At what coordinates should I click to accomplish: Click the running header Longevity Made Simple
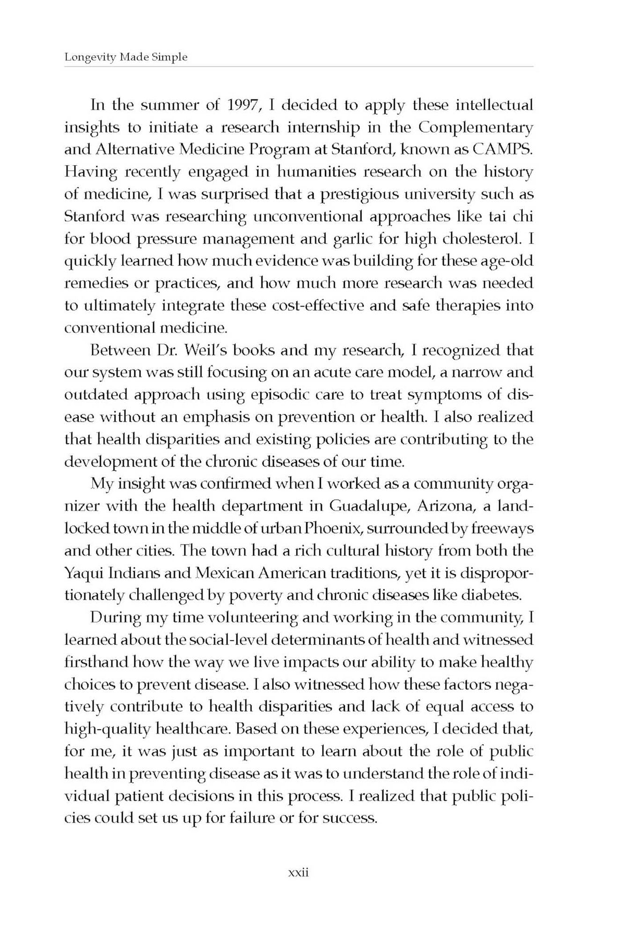click(126, 57)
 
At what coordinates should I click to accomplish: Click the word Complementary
click(476, 127)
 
